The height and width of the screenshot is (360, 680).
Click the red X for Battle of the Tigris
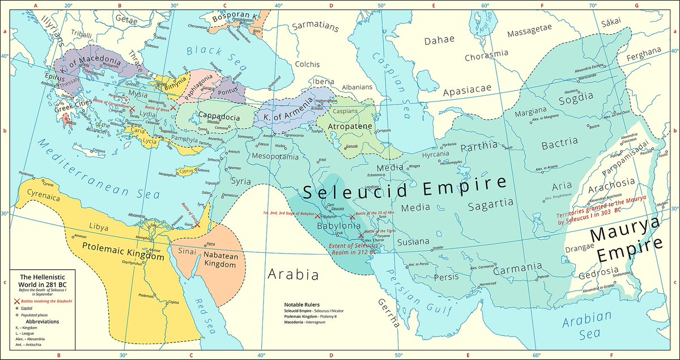(361, 235)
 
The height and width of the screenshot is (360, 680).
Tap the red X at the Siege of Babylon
(317, 217)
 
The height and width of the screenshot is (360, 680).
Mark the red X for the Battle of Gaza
(198, 225)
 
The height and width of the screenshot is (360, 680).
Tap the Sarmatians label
(315, 26)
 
